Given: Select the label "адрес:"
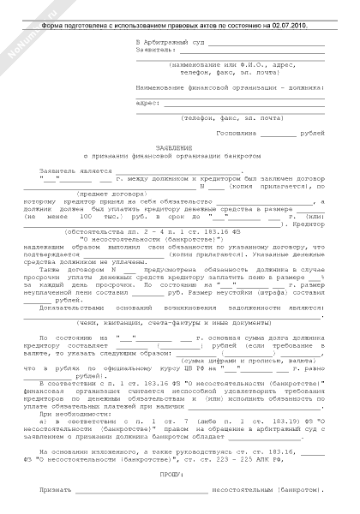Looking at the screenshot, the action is pos(148,102).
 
